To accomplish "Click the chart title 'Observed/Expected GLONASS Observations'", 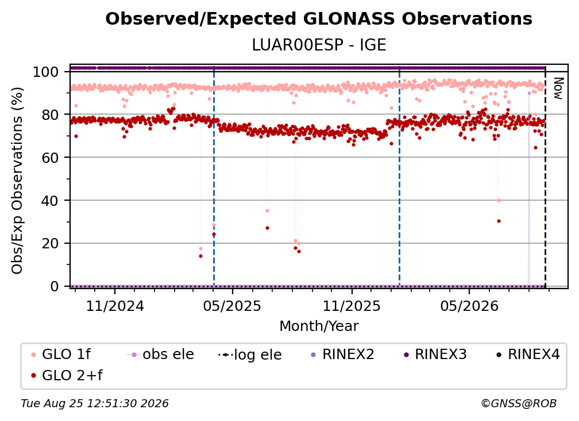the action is [319, 19].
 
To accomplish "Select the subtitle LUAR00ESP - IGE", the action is [319, 45].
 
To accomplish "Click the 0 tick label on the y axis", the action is [54, 286].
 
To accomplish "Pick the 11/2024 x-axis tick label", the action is [115, 306].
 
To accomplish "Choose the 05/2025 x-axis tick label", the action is [232, 306].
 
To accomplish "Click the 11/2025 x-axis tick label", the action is [352, 306].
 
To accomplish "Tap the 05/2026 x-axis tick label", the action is [469, 306].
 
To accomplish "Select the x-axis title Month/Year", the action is [319, 326].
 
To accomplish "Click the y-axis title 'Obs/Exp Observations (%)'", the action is [17, 181].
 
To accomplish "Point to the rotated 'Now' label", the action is [558, 88].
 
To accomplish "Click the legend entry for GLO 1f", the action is [61, 354].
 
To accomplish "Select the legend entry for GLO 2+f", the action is [67, 375].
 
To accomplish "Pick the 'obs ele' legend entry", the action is [160, 354].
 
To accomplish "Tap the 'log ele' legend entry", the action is [250, 354].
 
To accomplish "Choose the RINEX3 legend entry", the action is [435, 354].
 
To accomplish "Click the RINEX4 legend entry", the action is [528, 354].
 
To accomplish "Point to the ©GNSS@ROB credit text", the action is [519, 404].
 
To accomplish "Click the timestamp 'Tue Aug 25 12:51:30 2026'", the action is [95, 404].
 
